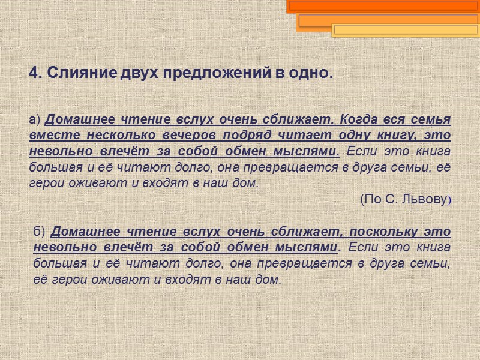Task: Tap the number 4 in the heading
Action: pyautogui.click(x=34, y=74)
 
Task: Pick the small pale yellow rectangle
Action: pyautogui.click(x=405, y=29)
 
